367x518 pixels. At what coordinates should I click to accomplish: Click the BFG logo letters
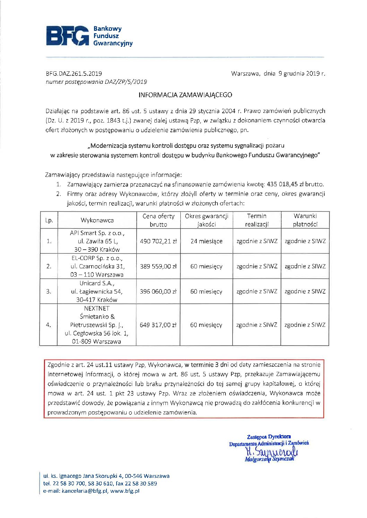click(68, 36)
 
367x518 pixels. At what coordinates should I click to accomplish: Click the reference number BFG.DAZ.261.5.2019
click(74, 73)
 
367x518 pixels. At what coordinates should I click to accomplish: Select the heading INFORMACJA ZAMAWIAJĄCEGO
click(185, 95)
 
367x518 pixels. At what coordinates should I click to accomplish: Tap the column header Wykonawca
click(97, 220)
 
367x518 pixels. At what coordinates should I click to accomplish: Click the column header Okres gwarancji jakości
click(206, 220)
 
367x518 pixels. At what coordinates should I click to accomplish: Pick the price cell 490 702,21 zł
click(158, 241)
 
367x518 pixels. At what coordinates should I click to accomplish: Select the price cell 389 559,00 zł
click(158, 266)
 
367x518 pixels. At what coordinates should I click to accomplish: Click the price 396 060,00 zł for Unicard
click(158, 292)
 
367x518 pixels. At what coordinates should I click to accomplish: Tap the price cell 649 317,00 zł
click(158, 325)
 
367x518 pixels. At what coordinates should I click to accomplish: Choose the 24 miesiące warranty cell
click(206, 241)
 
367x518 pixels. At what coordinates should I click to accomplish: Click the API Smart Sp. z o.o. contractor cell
click(97, 233)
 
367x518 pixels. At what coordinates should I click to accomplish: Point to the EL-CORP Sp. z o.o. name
click(97, 258)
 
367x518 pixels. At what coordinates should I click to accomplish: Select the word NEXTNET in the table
click(97, 308)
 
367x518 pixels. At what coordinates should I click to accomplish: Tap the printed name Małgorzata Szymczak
click(269, 459)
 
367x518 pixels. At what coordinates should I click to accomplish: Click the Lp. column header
click(49, 220)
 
